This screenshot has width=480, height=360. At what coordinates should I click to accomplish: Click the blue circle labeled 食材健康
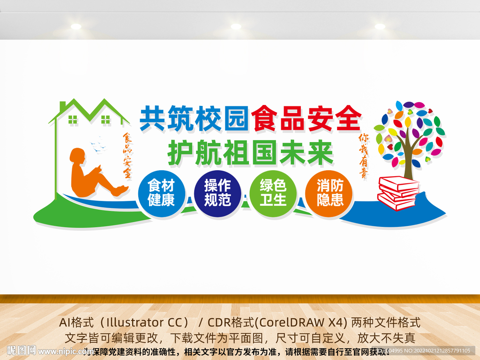click(x=162, y=193)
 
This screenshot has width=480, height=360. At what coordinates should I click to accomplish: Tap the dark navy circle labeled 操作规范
click(x=217, y=193)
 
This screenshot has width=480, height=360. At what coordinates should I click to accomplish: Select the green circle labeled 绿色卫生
click(x=273, y=193)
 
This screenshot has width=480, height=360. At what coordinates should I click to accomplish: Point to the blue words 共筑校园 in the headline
click(x=194, y=118)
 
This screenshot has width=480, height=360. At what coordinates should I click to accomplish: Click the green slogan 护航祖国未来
click(x=250, y=153)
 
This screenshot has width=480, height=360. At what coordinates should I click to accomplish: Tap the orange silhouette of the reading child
click(x=92, y=173)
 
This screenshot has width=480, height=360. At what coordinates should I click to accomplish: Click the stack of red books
click(x=398, y=193)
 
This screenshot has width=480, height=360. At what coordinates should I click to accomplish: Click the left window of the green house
click(x=73, y=119)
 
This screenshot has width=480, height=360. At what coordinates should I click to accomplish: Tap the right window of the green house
click(x=105, y=119)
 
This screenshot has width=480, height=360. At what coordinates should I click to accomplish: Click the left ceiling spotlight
click(x=76, y=26)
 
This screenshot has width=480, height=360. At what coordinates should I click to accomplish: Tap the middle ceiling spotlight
click(x=236, y=26)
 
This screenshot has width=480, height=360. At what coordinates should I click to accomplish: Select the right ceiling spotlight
click(x=380, y=26)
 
